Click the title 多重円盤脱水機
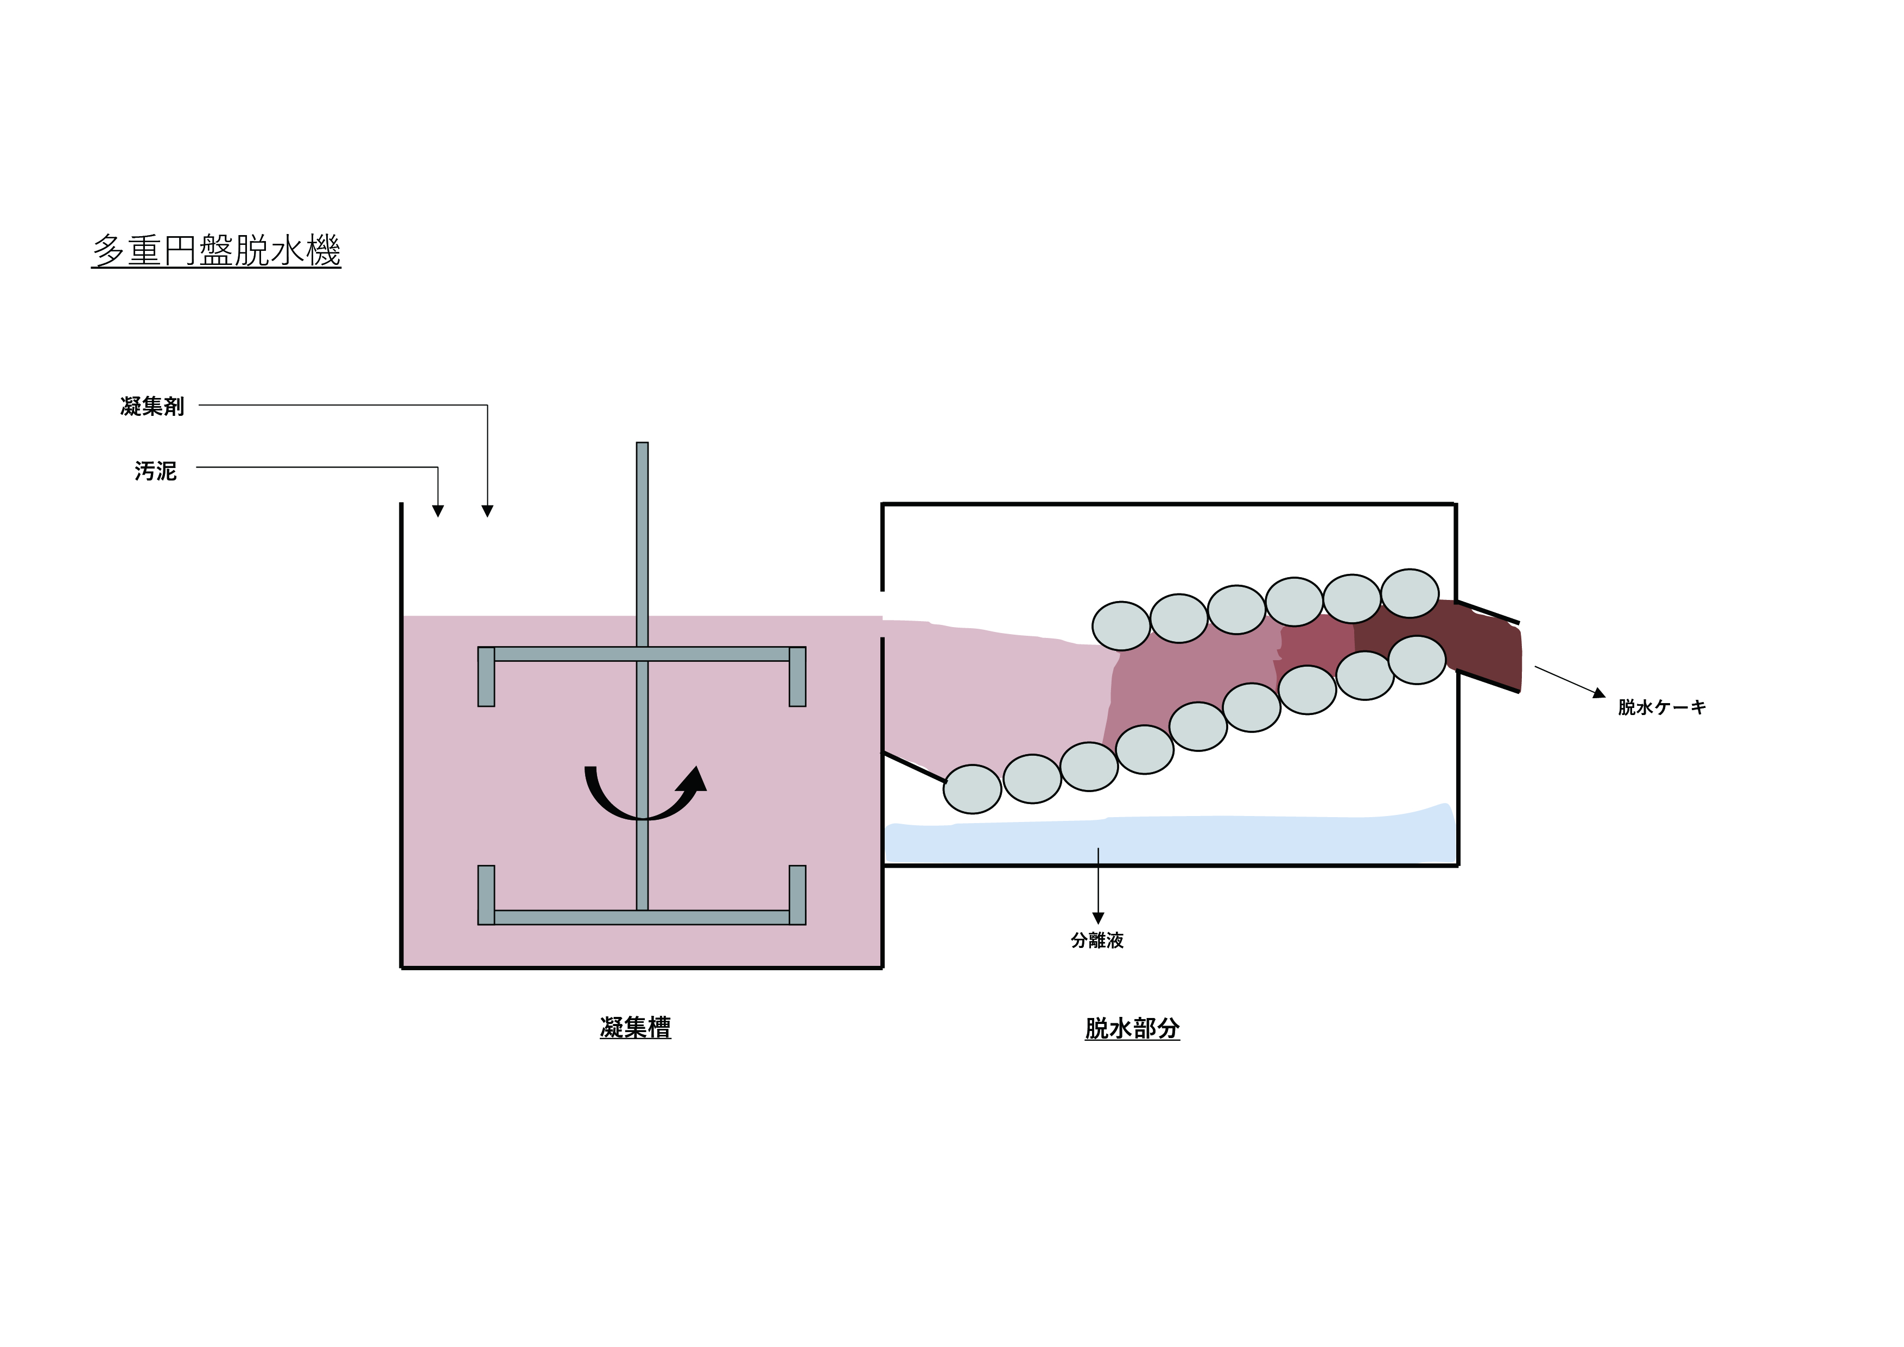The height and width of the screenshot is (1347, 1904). tap(217, 250)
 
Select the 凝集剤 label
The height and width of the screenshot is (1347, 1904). tap(152, 407)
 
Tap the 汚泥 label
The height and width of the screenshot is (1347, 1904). tap(156, 471)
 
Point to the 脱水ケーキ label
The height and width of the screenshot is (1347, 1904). tap(1662, 707)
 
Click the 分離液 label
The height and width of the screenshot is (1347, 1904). tap(1097, 940)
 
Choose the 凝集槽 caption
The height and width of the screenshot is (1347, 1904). tap(635, 1028)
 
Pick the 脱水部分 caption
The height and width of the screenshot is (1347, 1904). tap(1132, 1028)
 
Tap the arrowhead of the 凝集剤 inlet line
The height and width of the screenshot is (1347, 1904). tap(487, 511)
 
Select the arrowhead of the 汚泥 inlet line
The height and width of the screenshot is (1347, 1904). tap(438, 511)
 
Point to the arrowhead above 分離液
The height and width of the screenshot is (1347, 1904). tap(1098, 918)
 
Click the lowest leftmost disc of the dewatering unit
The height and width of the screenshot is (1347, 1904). tap(973, 789)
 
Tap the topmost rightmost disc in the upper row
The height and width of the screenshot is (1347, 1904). tap(1410, 593)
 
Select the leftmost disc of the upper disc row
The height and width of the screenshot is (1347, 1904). tap(1121, 625)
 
